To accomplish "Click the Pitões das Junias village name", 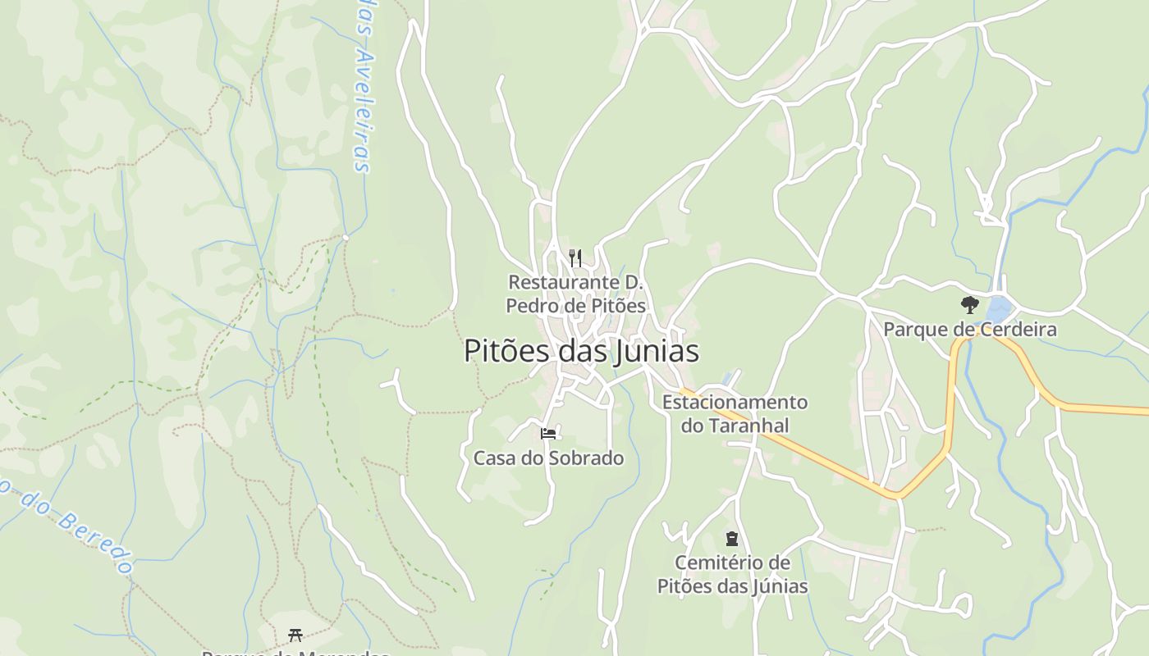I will pos(581,351).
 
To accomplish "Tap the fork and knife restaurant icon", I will pos(575,258).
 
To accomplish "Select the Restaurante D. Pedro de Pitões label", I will pos(575,294).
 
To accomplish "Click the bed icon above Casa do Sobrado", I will pos(548,433).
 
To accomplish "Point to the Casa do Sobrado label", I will pos(548,458).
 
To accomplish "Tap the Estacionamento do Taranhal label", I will pos(735,413).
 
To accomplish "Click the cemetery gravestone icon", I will pos(731,539).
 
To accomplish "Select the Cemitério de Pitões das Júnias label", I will pos(732,574).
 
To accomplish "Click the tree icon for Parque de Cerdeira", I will pos(969,305).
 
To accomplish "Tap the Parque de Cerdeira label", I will pos(969,330).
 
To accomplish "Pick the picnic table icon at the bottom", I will pos(295,635).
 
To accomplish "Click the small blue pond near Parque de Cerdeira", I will pos(998,309).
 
